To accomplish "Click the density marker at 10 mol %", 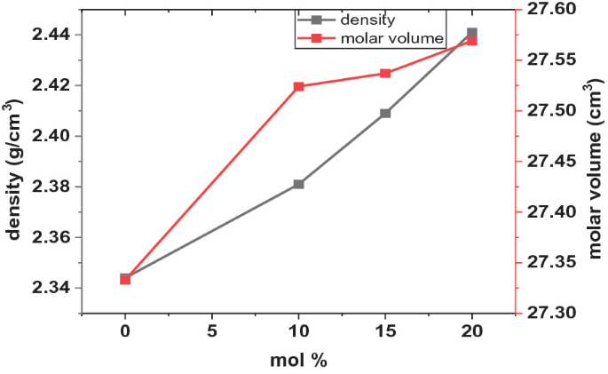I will coord(299,184).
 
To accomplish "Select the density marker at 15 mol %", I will coord(385,113).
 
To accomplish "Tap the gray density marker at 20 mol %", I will coord(472,33).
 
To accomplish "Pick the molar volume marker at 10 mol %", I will coord(299,86).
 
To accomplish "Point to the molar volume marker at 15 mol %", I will coord(385,73).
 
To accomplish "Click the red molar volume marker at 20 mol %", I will coord(472,41).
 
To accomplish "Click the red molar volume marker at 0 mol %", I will coord(125,279).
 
